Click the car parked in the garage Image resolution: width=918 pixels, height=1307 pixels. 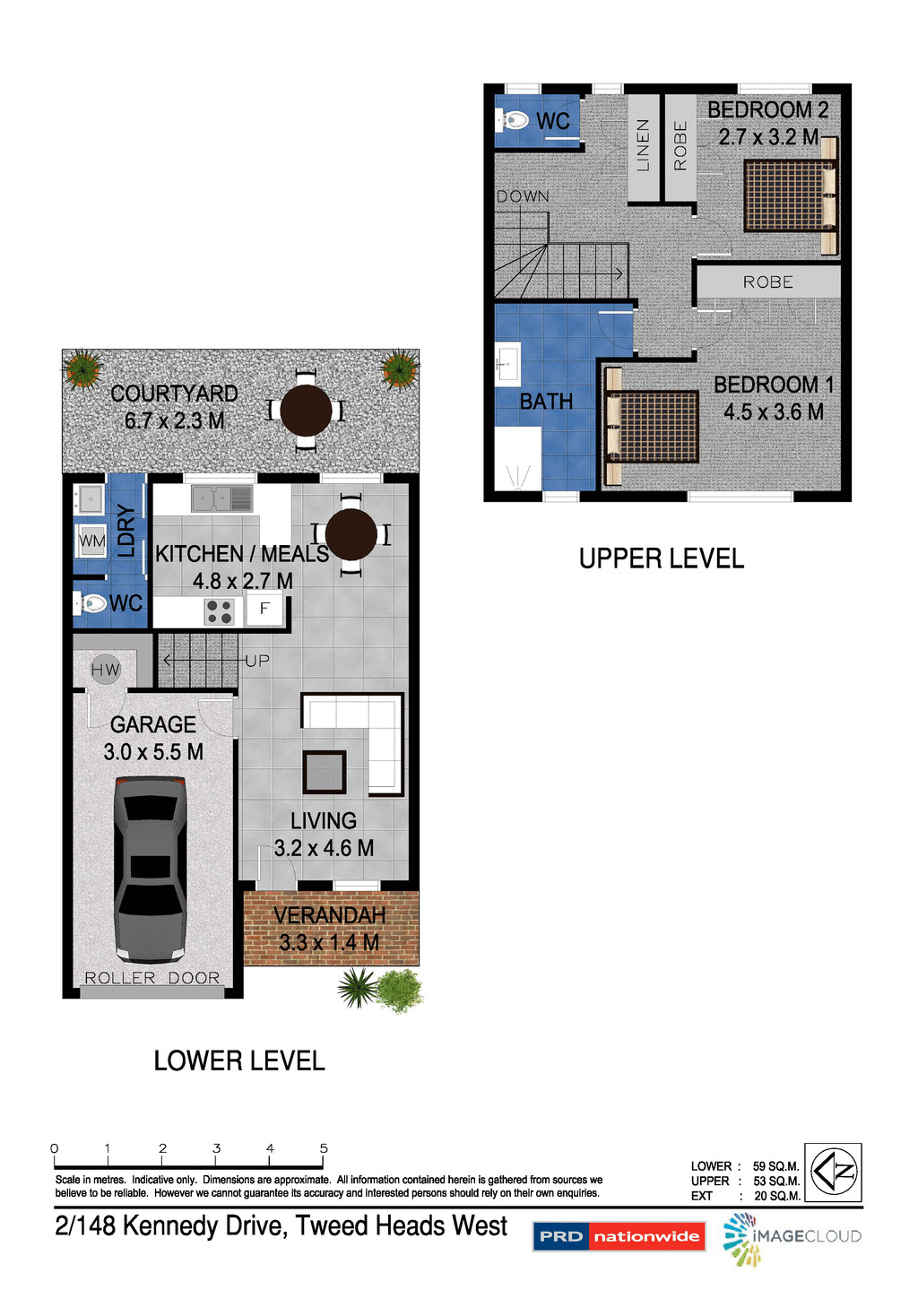pyautogui.click(x=150, y=870)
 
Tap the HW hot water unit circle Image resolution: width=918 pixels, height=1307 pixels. pyautogui.click(x=105, y=669)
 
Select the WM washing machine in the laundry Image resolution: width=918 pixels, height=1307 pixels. pyautogui.click(x=91, y=541)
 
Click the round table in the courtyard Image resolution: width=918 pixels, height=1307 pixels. pyautogui.click(x=306, y=411)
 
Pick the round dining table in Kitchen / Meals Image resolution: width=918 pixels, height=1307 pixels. pyautogui.click(x=351, y=534)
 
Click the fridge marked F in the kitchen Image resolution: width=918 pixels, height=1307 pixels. pyautogui.click(x=264, y=609)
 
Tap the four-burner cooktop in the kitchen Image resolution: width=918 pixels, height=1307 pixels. pyautogui.click(x=220, y=611)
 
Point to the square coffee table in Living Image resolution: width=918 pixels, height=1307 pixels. pyautogui.click(x=324, y=772)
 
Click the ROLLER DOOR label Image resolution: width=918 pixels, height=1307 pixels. pyautogui.click(x=152, y=978)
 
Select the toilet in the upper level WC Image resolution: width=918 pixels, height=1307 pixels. pyautogui.click(x=514, y=120)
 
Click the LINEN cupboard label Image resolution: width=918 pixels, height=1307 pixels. pyautogui.click(x=643, y=145)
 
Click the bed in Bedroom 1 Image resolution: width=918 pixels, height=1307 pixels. pyautogui.click(x=654, y=427)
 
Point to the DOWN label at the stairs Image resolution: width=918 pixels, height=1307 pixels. pyautogui.click(x=523, y=196)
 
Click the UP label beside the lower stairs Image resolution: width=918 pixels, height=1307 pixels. pyautogui.click(x=257, y=661)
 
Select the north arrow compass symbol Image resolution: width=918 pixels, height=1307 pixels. pyautogui.click(x=833, y=1172)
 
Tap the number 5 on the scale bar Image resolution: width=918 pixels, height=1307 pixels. pyautogui.click(x=324, y=1148)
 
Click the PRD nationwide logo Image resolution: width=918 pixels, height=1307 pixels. pyautogui.click(x=619, y=1236)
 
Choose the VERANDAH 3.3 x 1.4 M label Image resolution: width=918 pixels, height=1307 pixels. pyautogui.click(x=330, y=929)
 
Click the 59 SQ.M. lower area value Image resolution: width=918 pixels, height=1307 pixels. pyautogui.click(x=775, y=1166)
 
